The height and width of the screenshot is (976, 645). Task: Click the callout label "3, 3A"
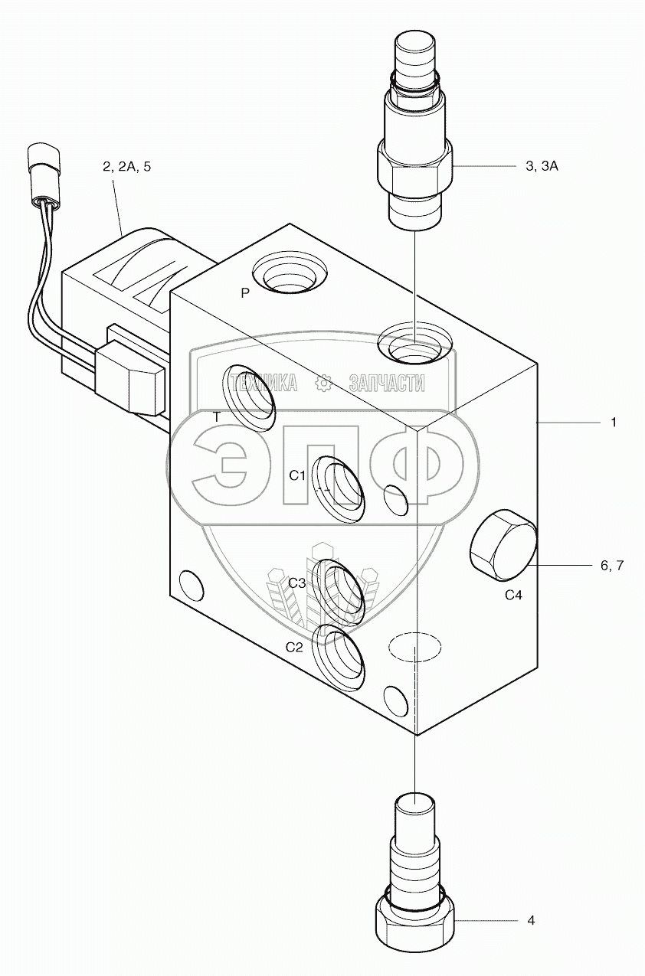542,166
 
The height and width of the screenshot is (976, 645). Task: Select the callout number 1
614,422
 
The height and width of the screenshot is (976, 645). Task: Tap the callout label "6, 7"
612,566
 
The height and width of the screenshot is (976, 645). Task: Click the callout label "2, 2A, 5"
127,166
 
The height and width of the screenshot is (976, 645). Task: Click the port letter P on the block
245,292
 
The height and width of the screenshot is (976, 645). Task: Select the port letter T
217,416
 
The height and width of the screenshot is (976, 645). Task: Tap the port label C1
297,475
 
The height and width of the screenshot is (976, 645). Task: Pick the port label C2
296,647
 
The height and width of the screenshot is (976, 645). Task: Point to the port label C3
298,583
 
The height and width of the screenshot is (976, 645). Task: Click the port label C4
512,595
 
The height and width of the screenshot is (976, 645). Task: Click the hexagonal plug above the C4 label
501,546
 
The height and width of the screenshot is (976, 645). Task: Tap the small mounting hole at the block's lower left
189,586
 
